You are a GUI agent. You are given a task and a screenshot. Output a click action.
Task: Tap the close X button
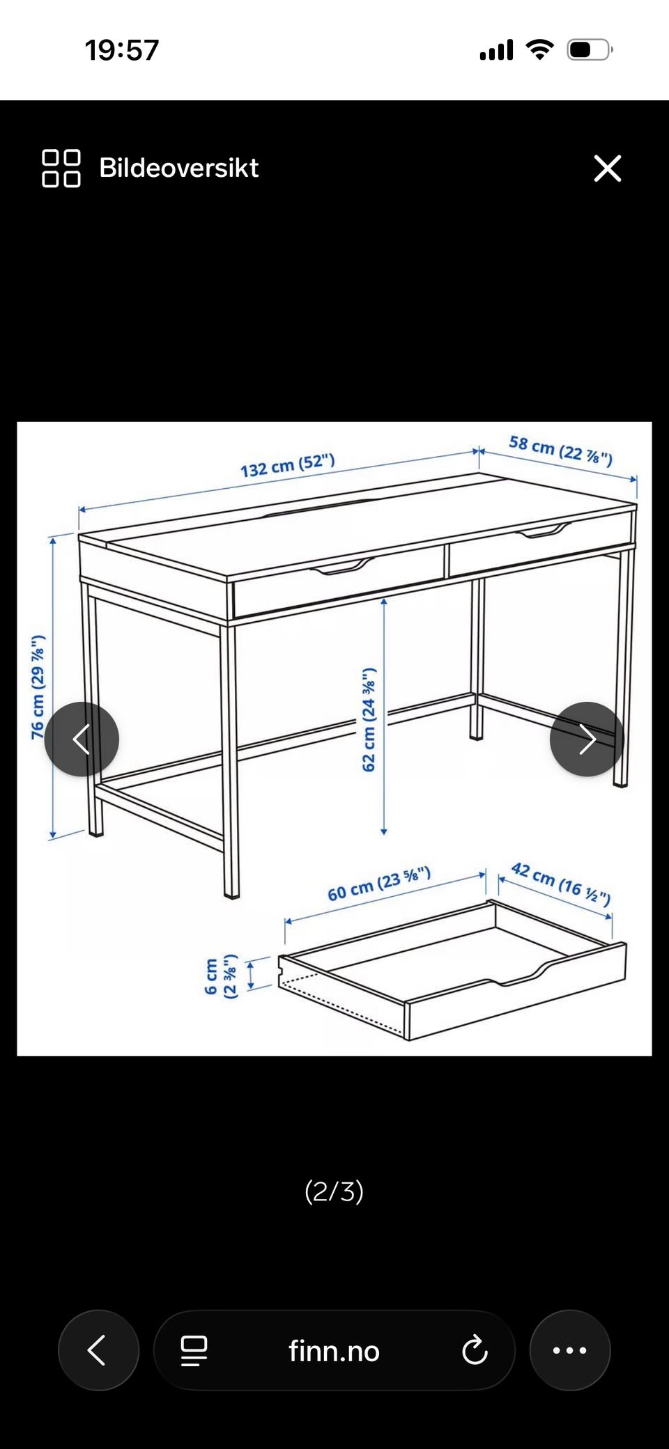[607, 169]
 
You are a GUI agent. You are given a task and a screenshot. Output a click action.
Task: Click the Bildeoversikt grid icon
[61, 169]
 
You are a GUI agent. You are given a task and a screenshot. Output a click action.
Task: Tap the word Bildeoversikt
[179, 168]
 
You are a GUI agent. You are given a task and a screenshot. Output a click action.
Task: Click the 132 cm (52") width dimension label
[288, 465]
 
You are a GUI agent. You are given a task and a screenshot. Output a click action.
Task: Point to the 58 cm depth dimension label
[561, 450]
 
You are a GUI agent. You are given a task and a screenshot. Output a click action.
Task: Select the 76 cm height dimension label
[38, 687]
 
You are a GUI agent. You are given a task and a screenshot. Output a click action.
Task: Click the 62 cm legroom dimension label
[369, 719]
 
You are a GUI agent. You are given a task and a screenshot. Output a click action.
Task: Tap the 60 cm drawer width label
[379, 884]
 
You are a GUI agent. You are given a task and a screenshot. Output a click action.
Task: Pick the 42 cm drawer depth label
[561, 884]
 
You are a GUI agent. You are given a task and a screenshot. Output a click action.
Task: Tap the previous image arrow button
[82, 739]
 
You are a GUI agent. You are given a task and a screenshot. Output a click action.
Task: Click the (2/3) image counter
[334, 1191]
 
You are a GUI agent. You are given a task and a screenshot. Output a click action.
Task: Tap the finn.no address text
[334, 1352]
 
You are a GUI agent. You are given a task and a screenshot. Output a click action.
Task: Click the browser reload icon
[475, 1350]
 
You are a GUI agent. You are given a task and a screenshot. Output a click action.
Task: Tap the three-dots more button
[570, 1350]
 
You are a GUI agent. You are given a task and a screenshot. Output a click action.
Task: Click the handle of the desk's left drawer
[343, 568]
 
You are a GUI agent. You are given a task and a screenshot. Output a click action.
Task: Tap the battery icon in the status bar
[590, 50]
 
